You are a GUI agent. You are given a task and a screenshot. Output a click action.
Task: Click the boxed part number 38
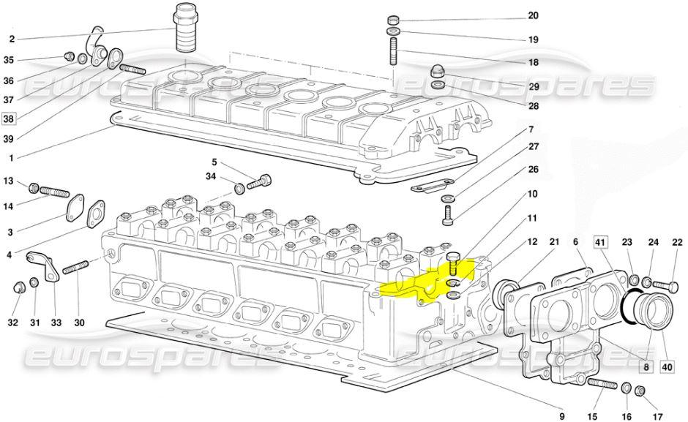(x=8, y=118)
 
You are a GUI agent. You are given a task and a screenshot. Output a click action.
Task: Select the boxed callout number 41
(x=600, y=241)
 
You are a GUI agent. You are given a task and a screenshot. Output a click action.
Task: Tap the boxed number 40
(x=667, y=366)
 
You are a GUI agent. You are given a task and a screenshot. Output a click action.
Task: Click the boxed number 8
(x=646, y=366)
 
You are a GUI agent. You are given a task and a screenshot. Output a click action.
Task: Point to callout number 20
(x=533, y=16)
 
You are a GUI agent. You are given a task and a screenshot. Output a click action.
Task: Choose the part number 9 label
(x=561, y=416)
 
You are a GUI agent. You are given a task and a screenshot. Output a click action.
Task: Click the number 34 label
(x=211, y=176)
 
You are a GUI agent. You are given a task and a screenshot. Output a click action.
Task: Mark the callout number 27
(x=533, y=146)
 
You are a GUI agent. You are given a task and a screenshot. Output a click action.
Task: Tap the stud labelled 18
(x=393, y=52)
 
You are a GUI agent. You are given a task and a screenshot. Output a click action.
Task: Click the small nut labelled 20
(x=393, y=20)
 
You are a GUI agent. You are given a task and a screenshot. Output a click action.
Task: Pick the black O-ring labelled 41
(x=632, y=306)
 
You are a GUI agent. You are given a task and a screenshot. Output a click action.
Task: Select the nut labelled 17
(x=640, y=390)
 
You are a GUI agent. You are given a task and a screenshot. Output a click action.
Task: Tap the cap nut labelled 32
(x=19, y=287)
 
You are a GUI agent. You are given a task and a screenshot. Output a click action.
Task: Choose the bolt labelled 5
(x=259, y=182)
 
